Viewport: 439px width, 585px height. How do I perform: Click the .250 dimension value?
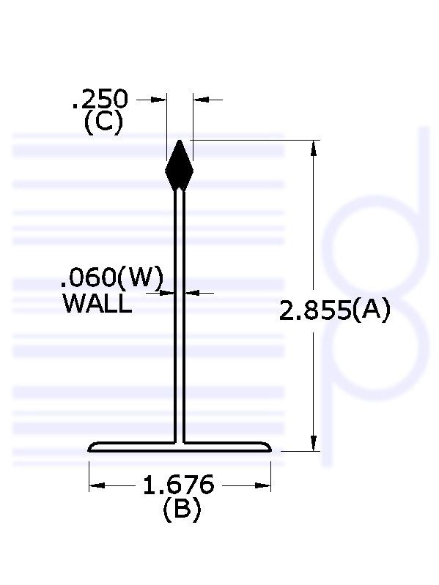100,99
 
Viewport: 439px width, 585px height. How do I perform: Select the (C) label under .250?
103,124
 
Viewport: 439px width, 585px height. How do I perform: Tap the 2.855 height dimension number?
314,310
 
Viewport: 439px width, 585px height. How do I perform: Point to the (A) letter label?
371,310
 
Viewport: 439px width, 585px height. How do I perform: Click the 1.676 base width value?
179,485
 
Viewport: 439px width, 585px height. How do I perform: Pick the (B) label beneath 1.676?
182,509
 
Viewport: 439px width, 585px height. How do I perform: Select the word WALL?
97,303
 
